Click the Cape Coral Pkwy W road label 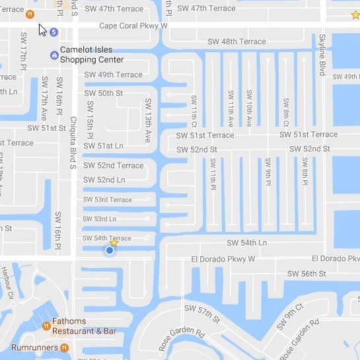coord(133,26)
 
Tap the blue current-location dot coord(110,250)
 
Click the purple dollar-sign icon coord(54,32)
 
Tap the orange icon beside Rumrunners coord(64,347)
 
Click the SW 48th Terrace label coord(234,42)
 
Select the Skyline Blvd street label coord(323,54)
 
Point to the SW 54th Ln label coord(247,243)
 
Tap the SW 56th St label coord(306,273)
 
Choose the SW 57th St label coord(202,314)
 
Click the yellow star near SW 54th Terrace coord(114,242)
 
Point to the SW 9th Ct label coord(290,316)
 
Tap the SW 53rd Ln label coord(99,219)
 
